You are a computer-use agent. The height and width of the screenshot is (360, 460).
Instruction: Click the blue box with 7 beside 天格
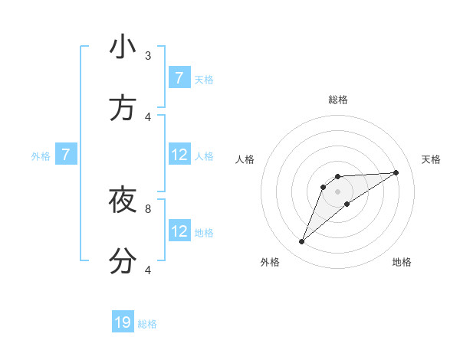tap(179, 78)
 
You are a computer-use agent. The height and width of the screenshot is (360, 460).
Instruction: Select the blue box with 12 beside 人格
tap(179, 155)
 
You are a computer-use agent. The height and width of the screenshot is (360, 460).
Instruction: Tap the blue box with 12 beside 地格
tap(179, 231)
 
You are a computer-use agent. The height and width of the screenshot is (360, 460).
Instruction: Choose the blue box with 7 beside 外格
tap(66, 155)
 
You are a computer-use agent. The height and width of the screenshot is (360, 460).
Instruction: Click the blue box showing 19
tap(123, 322)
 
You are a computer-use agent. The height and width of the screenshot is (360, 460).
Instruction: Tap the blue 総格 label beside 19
tap(147, 324)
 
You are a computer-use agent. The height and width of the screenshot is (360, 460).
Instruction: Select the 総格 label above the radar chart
tap(337, 100)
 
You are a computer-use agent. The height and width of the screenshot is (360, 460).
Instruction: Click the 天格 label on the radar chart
tap(432, 159)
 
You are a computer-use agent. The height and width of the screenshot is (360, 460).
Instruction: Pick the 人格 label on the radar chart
tap(245, 159)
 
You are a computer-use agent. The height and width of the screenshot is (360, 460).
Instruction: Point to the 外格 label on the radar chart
tap(270, 262)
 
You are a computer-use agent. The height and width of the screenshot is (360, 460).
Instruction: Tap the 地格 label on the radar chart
tap(402, 262)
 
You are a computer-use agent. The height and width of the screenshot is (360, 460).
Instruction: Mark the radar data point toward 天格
tap(396, 172)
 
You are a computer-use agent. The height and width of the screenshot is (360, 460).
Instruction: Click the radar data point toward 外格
tap(302, 242)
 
